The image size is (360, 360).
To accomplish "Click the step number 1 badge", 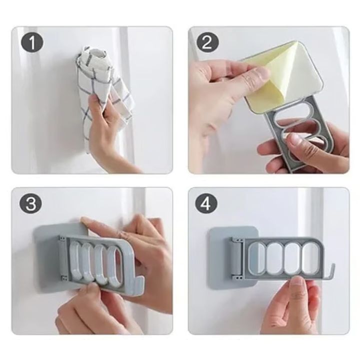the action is (32, 42).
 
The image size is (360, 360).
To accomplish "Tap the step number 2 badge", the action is (207, 42).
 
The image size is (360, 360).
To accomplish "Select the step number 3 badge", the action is (31, 203).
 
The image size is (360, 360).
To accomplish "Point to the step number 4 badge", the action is (206, 203).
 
